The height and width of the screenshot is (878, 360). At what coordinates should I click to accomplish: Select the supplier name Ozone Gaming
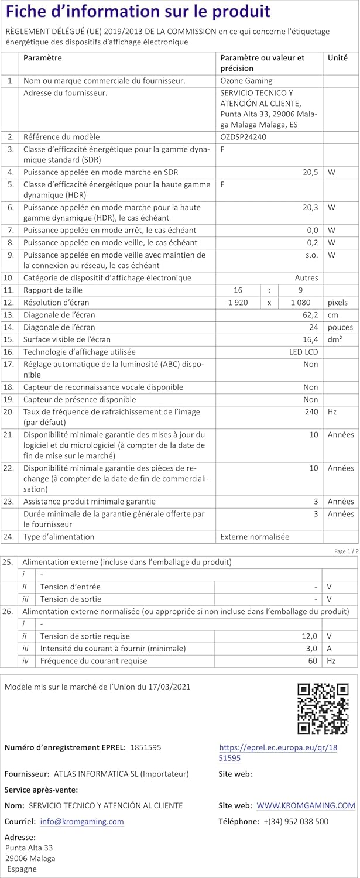pyautogui.click(x=246, y=81)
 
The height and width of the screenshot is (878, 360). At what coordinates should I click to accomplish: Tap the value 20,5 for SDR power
pyautogui.click(x=310, y=172)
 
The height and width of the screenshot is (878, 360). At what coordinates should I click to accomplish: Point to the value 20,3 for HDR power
pyautogui.click(x=310, y=207)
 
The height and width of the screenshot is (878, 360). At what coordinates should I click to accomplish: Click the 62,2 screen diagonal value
pyautogui.click(x=310, y=315)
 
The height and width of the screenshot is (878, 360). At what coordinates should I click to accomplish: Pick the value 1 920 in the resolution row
pyautogui.click(x=240, y=303)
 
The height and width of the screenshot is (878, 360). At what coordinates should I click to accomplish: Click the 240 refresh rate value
pyautogui.click(x=311, y=412)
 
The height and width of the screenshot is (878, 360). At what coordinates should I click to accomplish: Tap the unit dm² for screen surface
pyautogui.click(x=335, y=339)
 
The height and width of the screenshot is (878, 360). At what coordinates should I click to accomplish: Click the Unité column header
pyautogui.click(x=337, y=58)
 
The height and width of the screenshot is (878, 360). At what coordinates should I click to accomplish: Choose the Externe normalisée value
pyautogui.click(x=255, y=537)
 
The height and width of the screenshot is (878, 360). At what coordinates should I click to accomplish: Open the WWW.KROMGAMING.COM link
pyautogui.click(x=306, y=806)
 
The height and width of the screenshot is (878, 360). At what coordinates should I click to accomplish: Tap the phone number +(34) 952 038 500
pyautogui.click(x=296, y=822)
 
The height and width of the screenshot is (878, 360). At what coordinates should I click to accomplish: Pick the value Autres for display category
pyautogui.click(x=306, y=278)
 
